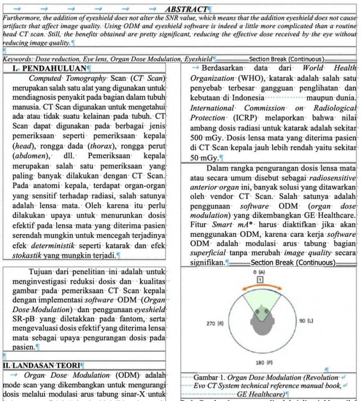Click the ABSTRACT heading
pos(186,9)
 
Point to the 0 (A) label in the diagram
pos(259,272)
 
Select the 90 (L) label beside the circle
pos(306,321)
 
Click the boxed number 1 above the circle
pos(259,280)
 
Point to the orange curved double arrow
pos(259,287)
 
